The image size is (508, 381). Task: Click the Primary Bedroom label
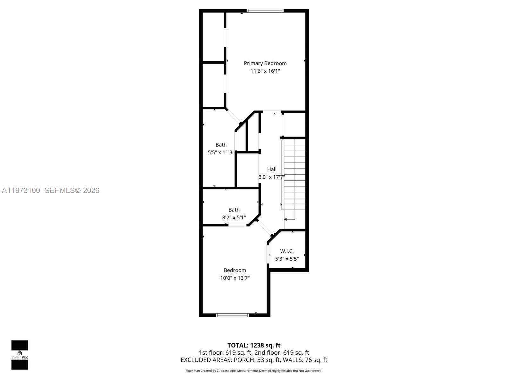[265, 63]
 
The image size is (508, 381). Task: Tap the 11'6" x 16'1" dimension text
[265, 71]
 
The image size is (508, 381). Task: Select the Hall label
[271, 169]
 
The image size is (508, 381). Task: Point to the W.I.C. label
[287, 251]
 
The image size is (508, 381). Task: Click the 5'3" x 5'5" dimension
[287, 259]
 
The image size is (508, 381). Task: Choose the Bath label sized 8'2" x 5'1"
[234, 210]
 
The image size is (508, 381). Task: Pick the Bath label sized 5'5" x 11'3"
[221, 145]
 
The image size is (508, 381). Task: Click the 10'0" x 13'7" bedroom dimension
[235, 278]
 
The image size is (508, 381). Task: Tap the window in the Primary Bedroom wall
[265, 11]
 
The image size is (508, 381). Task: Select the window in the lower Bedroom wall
[232, 315]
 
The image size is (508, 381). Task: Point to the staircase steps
[295, 175]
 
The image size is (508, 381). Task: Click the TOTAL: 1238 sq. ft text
[254, 345]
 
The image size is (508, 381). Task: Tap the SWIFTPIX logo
[20, 355]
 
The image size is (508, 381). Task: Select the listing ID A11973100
[21, 190]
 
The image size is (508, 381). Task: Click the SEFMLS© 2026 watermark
[72, 190]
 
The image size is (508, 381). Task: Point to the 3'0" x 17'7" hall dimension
[271, 177]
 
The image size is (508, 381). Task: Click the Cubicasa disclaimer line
[254, 371]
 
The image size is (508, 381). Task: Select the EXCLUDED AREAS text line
[254, 360]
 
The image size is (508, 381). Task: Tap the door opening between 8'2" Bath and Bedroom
[237, 225]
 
